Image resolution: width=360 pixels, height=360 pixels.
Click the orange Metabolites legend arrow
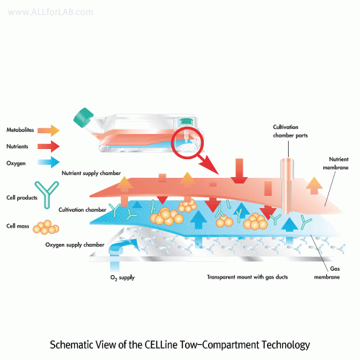pos(48,130)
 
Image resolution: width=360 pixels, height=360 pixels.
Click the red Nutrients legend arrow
pos(48,146)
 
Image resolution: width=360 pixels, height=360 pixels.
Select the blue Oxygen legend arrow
pos(48,163)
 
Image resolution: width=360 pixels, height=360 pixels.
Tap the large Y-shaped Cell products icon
pos(47,194)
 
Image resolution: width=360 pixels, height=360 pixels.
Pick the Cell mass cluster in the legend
pos(46,227)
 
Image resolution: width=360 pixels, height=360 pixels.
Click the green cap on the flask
pos(83,117)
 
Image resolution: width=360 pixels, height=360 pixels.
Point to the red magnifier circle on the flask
pos(187,143)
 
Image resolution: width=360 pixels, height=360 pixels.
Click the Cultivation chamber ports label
pos(290,131)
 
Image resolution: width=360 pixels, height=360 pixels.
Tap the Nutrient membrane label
pos(336,163)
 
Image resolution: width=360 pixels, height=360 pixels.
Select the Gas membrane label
pos(327,273)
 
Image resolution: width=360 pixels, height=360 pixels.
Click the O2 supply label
pos(122,278)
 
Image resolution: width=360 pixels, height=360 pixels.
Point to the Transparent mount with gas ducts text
pos(248,277)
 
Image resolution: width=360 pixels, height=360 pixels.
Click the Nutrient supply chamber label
pos(91,174)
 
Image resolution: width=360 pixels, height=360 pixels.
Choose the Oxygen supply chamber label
pos(75,245)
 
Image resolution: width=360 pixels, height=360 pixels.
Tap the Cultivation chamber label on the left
pos(82,210)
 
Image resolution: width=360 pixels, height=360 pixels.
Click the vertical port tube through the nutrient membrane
pos(287,186)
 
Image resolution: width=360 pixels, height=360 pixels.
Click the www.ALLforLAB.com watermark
pos(50,12)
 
